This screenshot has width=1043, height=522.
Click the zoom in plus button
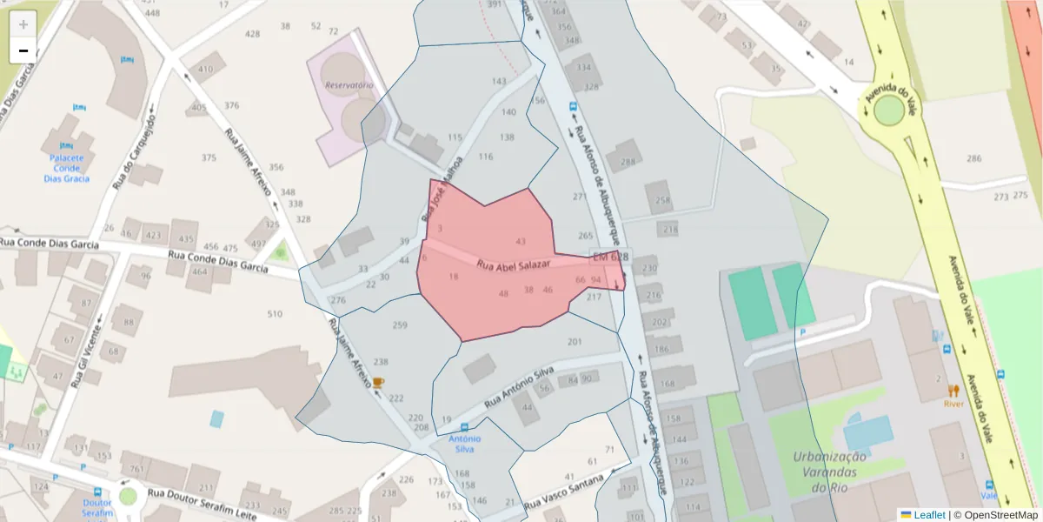(x=23, y=23)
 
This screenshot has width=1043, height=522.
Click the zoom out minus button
(x=23, y=50)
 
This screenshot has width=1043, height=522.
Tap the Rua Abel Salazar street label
(x=514, y=265)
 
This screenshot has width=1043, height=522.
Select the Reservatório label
(x=349, y=85)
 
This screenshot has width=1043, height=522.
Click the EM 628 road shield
(x=610, y=258)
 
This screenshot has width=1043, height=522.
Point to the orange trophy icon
(x=378, y=381)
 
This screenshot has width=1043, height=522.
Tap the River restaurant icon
(x=953, y=391)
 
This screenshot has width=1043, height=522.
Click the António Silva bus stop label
(x=464, y=444)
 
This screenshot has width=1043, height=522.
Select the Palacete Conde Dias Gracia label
(x=68, y=168)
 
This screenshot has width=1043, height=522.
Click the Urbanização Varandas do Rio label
(x=829, y=472)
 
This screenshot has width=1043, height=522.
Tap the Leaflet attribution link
(x=927, y=515)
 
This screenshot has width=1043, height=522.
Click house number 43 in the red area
(x=521, y=241)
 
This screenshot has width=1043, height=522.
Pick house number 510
(x=275, y=314)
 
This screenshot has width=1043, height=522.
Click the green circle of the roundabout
(x=889, y=110)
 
